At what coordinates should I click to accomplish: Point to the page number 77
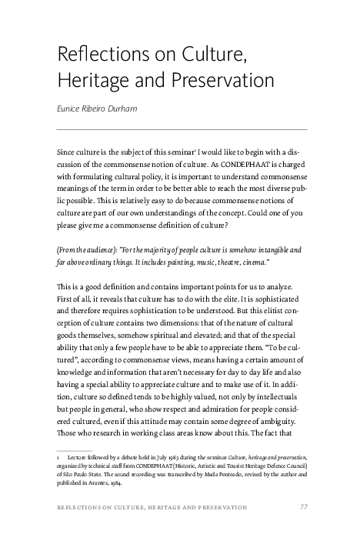point(304,507)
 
